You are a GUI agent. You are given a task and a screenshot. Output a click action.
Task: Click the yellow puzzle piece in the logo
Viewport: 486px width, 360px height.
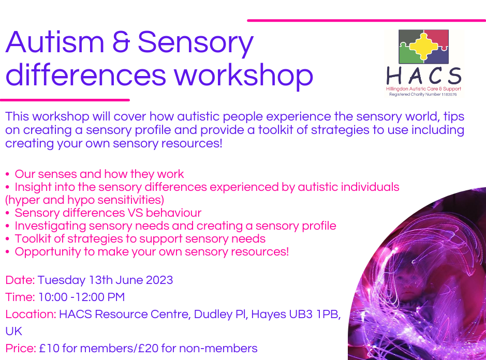click(423, 46)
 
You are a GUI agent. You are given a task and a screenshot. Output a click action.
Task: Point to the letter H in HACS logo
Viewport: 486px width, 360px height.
click(394, 76)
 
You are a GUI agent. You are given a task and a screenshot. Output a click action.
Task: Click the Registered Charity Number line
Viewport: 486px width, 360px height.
click(423, 94)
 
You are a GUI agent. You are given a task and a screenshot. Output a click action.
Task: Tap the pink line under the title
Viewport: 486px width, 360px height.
click(65, 100)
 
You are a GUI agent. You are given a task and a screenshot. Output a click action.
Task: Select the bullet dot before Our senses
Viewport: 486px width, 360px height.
click(7, 174)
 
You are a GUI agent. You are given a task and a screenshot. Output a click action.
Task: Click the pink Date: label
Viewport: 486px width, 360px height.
click(20, 280)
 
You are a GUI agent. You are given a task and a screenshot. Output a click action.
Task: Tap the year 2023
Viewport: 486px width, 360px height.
click(159, 280)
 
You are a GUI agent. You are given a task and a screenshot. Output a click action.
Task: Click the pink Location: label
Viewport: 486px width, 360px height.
click(31, 314)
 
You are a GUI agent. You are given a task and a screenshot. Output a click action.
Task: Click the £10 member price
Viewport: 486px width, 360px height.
click(49, 348)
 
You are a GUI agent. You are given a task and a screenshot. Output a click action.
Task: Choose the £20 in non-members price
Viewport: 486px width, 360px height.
click(148, 348)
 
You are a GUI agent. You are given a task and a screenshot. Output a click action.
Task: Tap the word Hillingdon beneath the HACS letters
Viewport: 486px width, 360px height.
click(397, 89)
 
